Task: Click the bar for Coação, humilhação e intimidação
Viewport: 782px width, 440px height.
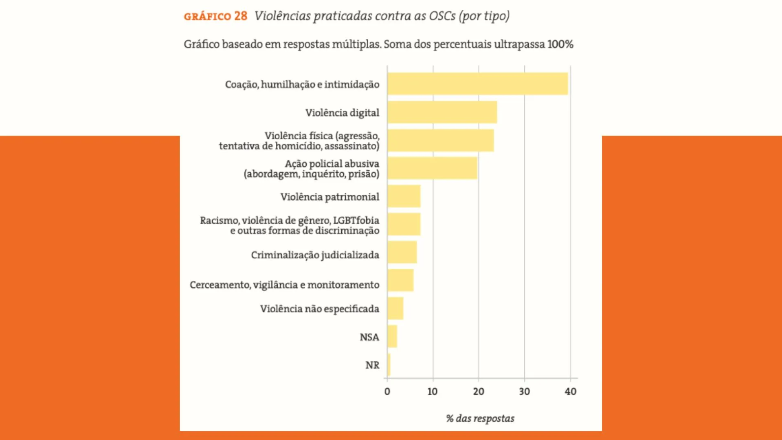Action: pos(477,84)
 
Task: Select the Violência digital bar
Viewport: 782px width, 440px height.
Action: pos(442,112)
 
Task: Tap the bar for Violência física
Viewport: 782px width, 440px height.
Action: pos(441,141)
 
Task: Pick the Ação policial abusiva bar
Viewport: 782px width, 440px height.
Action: pos(432,168)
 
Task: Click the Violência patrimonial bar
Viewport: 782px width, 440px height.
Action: pos(404,196)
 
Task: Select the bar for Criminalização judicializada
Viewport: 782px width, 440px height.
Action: pos(402,253)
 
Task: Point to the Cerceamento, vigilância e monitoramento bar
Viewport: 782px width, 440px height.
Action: pos(400,280)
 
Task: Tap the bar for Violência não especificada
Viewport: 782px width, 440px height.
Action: pos(395,308)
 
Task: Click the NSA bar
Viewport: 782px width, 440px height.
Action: pos(392,337)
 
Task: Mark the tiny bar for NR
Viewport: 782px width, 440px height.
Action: pos(389,365)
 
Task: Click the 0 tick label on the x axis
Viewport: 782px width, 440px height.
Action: pos(387,392)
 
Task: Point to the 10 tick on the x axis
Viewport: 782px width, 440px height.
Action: pos(433,392)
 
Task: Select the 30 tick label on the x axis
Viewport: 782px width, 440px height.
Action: pos(524,392)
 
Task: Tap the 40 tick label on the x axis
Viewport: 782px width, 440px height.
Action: pos(570,392)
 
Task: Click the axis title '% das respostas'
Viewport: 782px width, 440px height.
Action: pos(480,418)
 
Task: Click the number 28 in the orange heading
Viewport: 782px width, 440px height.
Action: pos(241,16)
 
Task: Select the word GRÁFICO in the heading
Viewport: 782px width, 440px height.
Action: pos(207,17)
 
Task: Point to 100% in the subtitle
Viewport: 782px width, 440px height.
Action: pos(560,44)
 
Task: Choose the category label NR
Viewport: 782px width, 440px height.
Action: pos(372,365)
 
